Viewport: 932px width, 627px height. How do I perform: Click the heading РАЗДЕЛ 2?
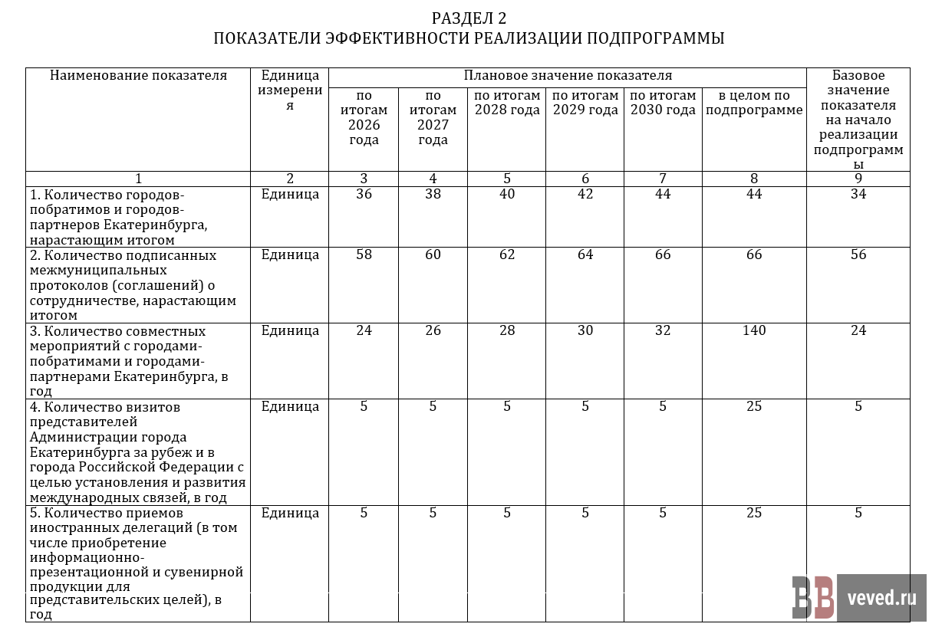468,18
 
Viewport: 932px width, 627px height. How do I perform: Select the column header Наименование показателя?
138,75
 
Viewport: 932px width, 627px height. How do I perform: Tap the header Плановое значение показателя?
568,75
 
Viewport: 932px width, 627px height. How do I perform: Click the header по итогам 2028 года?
507,103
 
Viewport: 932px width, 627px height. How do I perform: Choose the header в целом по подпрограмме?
754,103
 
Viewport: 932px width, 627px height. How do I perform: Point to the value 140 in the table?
754,331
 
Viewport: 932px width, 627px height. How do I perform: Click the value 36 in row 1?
364,194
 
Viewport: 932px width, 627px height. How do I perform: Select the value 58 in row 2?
364,254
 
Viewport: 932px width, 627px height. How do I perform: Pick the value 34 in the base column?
858,194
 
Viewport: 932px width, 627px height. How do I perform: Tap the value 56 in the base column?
858,254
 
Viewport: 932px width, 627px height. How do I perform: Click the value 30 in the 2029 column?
585,331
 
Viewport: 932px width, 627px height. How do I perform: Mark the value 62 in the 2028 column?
507,254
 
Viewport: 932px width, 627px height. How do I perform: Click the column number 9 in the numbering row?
858,179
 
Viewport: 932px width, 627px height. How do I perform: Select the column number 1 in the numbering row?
138,179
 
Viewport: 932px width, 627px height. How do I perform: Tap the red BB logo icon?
813,598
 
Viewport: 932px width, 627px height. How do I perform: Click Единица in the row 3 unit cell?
290,331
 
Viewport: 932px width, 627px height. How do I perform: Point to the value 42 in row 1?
585,194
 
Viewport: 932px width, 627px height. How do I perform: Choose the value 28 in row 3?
507,331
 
